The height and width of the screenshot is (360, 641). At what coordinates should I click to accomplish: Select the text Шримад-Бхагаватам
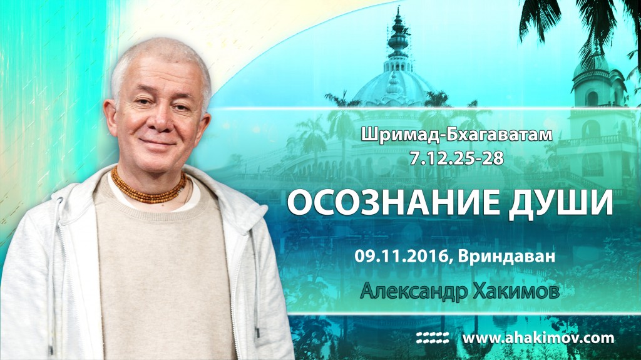pyautogui.click(x=456, y=135)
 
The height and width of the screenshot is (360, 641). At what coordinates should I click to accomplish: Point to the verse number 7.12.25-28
pyautogui.click(x=456, y=158)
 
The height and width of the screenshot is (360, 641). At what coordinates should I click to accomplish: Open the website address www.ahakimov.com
pyautogui.click(x=538, y=338)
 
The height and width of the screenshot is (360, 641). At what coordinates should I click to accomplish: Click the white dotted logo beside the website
pyautogui.click(x=433, y=337)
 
